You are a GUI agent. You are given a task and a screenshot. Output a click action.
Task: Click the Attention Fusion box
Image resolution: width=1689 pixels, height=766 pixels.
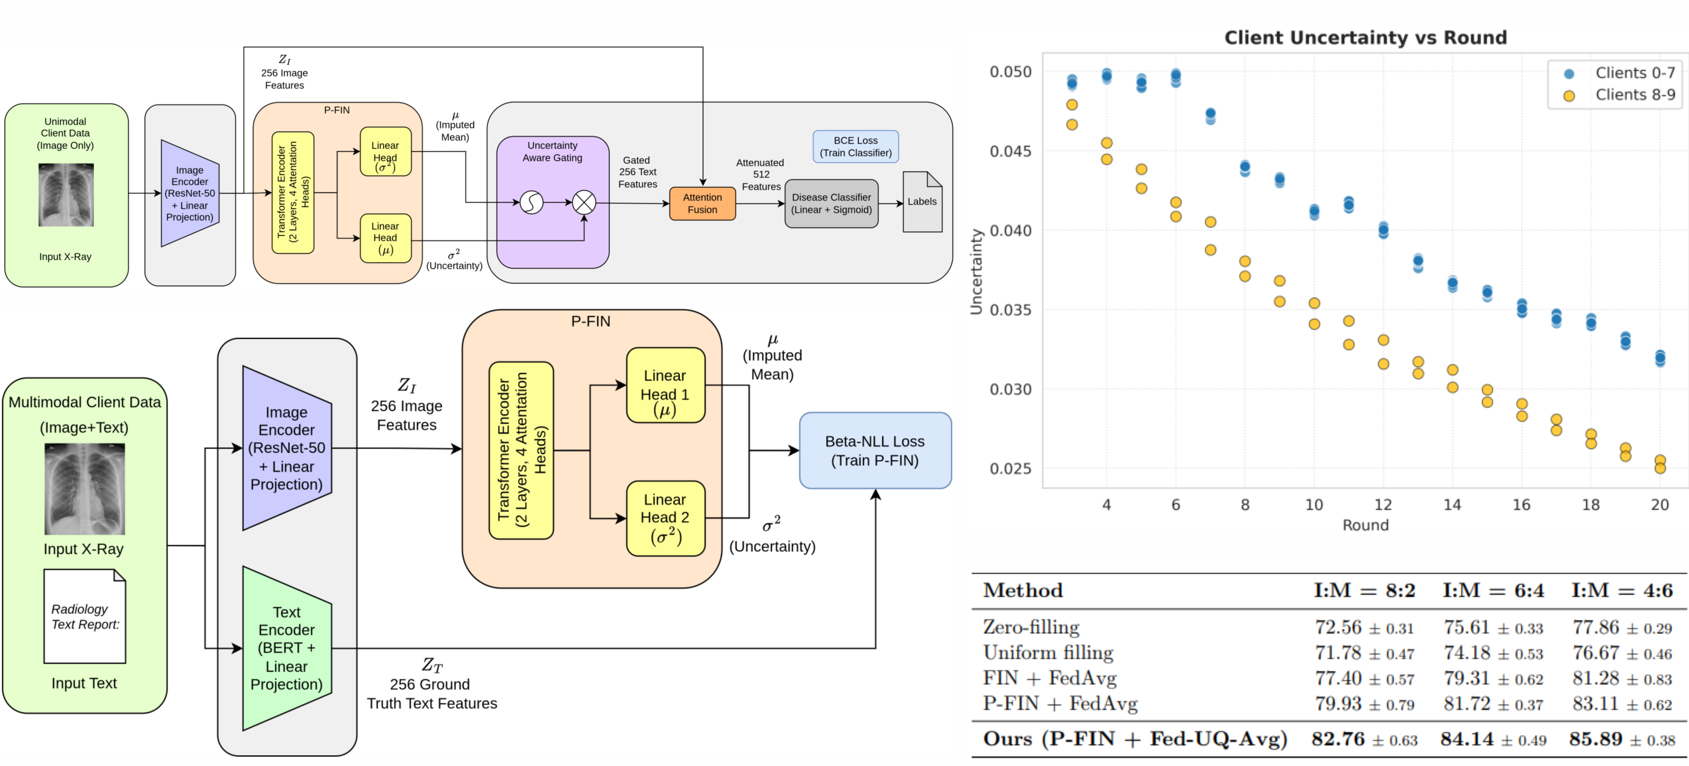[702, 203]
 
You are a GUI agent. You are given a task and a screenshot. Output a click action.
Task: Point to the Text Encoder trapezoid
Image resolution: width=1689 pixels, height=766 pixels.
[287, 648]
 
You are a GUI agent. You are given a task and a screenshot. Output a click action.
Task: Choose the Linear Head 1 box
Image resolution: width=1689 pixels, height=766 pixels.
[665, 385]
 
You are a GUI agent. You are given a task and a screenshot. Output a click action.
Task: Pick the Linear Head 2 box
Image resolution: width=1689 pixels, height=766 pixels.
[665, 518]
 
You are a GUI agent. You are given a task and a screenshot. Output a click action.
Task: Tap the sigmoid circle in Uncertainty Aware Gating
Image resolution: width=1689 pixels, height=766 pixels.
[531, 203]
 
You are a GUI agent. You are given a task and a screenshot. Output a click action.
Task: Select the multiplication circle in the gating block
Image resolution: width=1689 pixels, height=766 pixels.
[584, 203]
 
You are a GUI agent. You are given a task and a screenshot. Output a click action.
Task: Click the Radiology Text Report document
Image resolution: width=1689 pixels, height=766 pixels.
[84, 617]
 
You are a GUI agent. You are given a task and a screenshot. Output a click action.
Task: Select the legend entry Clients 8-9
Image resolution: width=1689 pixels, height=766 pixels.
[1635, 95]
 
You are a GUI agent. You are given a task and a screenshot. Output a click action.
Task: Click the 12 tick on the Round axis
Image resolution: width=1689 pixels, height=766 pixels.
[1383, 504]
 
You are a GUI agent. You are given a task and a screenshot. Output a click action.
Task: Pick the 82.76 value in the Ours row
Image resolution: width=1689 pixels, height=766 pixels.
[1338, 739]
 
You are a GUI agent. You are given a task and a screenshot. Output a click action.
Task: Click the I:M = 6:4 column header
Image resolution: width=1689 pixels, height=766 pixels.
[1493, 590]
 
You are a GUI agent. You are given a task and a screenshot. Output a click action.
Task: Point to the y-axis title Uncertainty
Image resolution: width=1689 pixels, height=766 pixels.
[976, 271]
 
